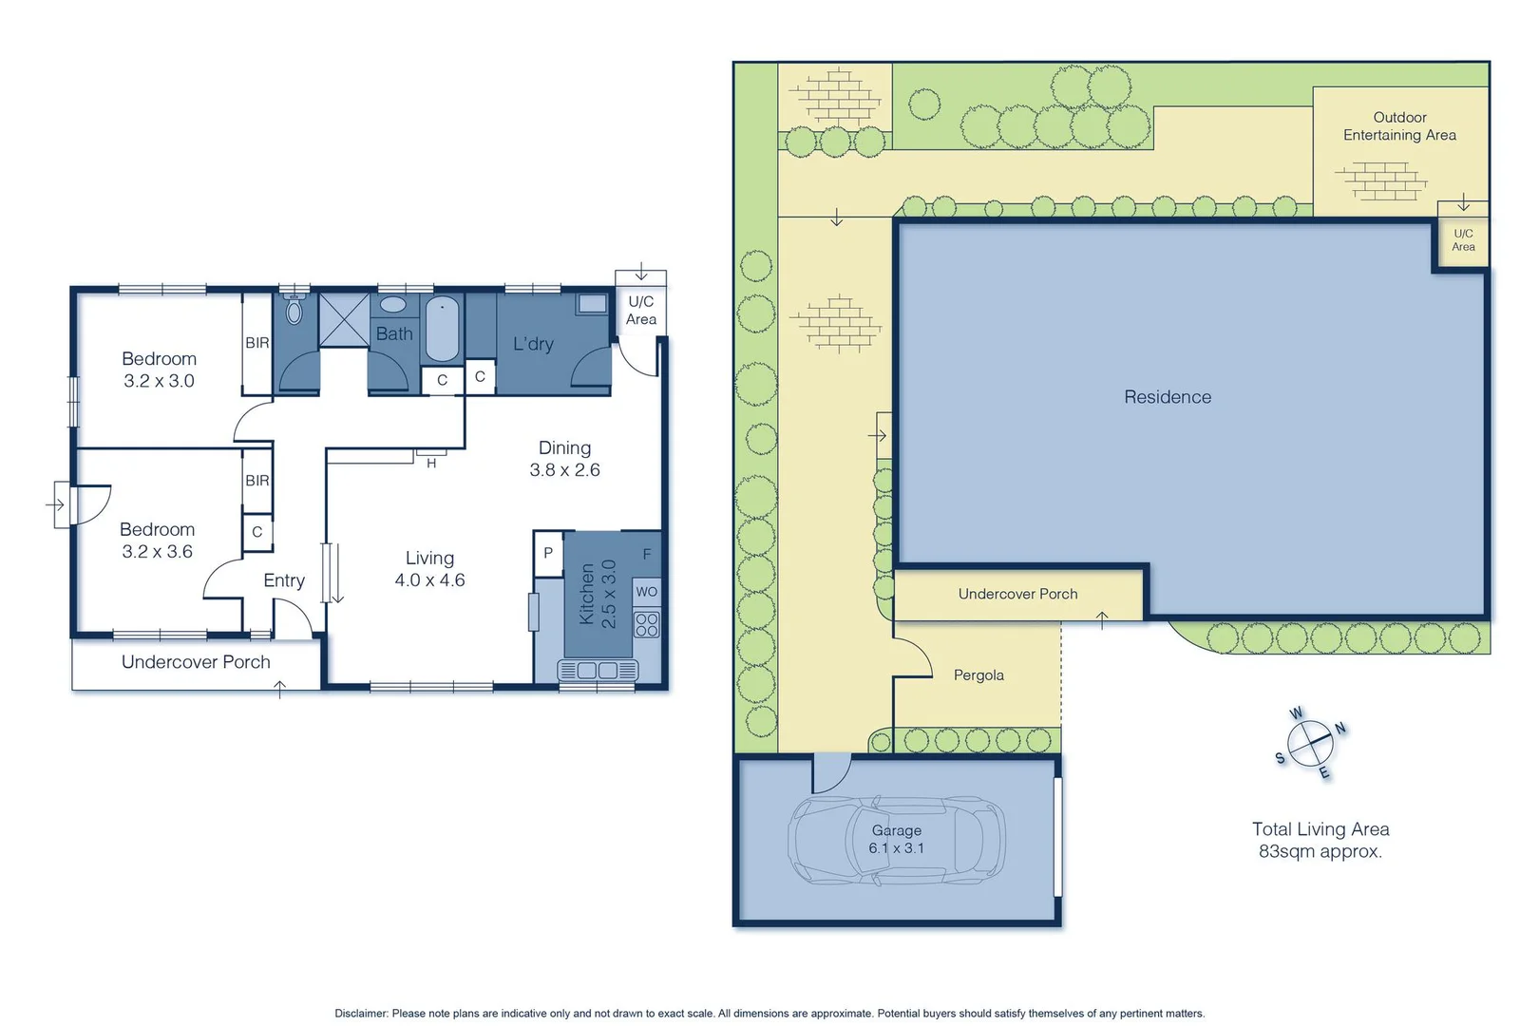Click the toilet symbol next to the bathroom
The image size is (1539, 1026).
point(294,310)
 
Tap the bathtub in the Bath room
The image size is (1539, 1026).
point(442,329)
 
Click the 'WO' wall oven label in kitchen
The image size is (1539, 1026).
point(647,592)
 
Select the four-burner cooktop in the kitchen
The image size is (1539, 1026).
point(647,624)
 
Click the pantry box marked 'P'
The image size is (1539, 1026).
point(548,553)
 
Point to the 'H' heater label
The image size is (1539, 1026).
point(431,464)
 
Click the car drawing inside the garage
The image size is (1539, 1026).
point(896,840)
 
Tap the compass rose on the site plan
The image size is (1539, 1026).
point(1311,743)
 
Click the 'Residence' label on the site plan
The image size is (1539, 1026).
point(1168,397)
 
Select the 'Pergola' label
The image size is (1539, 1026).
point(978,675)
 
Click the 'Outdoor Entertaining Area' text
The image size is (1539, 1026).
point(1399,126)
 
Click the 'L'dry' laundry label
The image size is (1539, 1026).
point(533,344)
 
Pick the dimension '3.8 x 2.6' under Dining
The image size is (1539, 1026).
point(564,470)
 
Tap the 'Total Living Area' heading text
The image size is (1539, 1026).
point(1320,829)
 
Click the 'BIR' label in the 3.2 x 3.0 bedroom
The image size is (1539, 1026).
point(257,343)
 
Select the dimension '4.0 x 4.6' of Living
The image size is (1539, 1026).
point(429,580)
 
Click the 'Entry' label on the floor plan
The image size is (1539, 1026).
point(284,580)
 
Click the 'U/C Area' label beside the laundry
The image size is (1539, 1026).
point(641,311)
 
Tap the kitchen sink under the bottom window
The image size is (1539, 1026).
point(598,671)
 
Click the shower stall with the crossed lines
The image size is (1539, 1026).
point(344,320)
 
